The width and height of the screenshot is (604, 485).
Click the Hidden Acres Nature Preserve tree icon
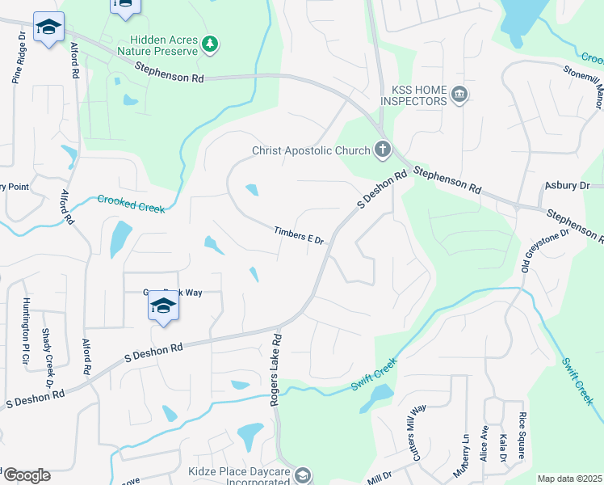210,43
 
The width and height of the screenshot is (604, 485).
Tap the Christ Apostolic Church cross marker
383,150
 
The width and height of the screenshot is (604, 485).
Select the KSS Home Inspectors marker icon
459,95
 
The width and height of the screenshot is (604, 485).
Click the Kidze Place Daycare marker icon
302,475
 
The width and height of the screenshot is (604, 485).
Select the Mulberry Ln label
465,453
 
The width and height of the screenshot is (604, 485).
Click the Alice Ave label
484,443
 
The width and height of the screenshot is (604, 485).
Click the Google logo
27,475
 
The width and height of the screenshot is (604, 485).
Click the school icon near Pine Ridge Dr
48,28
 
